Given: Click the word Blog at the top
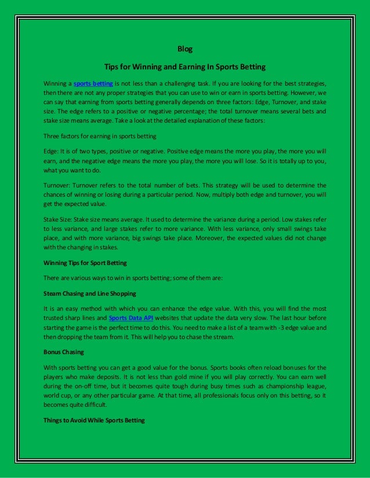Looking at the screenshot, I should [184, 49].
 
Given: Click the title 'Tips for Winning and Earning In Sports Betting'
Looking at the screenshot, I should [184, 66].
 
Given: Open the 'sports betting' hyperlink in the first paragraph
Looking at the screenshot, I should [93, 83].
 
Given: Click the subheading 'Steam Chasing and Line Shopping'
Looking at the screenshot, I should [90, 293].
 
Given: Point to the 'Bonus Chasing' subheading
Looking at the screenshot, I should [64, 351].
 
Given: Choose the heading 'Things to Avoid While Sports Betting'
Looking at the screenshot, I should [94, 420].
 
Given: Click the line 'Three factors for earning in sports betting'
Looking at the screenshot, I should [100, 136].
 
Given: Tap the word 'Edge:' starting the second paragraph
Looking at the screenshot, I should [52, 151].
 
